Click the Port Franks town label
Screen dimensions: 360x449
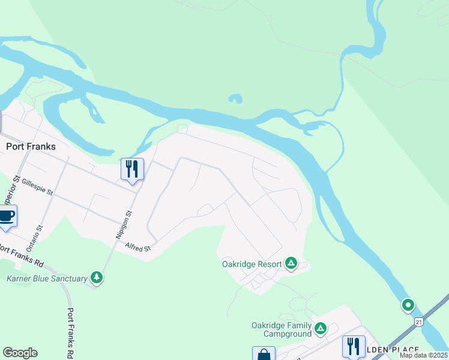click(x=31, y=146)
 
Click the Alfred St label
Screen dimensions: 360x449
click(x=137, y=246)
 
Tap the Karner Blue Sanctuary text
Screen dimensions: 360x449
click(x=46, y=278)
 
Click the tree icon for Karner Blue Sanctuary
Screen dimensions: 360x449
click(x=97, y=277)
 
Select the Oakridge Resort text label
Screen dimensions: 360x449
click(x=251, y=264)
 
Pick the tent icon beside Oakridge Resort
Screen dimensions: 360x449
click(x=291, y=263)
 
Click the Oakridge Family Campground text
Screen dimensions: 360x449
click(x=282, y=329)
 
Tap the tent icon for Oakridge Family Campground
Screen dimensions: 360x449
click(x=321, y=328)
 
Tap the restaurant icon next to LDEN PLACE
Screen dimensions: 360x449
click(x=354, y=347)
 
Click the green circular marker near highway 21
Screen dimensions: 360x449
click(x=408, y=305)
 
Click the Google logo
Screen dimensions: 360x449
click(x=20, y=353)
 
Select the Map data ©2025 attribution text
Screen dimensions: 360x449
click(x=424, y=355)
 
